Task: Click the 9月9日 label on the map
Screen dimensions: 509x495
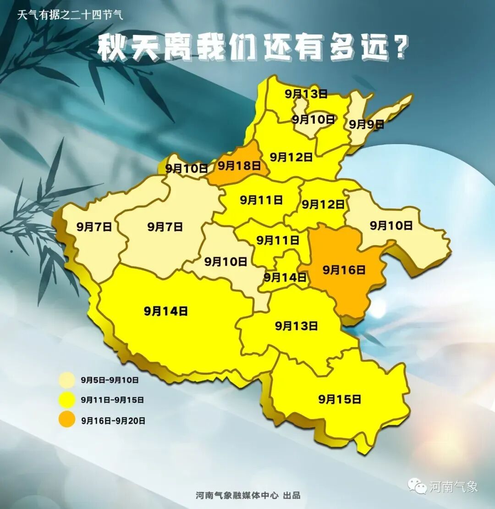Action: coord(366,124)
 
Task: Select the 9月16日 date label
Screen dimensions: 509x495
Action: coord(344,270)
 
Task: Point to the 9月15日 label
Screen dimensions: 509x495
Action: coord(340,399)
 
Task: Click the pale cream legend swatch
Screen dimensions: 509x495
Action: coord(67,380)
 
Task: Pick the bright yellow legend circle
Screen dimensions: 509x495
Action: coord(67,400)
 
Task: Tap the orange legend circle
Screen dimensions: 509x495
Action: coord(67,420)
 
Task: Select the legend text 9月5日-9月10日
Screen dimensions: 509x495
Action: coord(110,380)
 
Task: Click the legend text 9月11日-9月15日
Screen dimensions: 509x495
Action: coord(112,400)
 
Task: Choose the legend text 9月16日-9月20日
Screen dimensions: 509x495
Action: coord(113,420)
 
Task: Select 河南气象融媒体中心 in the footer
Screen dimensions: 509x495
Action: coord(236,495)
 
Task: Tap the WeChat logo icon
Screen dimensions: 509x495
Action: coord(418,485)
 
